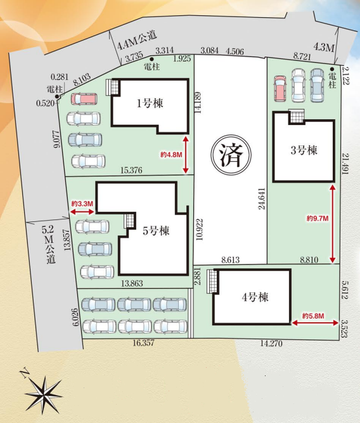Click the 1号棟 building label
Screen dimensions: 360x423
150,103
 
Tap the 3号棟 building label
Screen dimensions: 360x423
304,150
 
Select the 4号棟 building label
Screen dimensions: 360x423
255,297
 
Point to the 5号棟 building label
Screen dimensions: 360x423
156,231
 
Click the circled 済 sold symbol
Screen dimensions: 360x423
231,155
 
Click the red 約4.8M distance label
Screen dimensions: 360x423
172,155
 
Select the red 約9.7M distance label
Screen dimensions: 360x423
318,218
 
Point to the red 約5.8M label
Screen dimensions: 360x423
313,316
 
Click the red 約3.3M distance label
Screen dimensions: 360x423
82,204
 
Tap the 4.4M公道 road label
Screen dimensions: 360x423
137,41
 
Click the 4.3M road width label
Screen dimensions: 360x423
324,48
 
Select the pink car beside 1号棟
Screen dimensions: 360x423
84,99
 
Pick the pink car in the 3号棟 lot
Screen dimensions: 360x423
280,89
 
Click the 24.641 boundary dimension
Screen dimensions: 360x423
262,198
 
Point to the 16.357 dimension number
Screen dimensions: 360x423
144,343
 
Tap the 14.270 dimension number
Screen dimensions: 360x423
271,344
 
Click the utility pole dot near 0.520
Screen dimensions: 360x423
57,96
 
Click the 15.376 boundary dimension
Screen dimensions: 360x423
132,170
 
